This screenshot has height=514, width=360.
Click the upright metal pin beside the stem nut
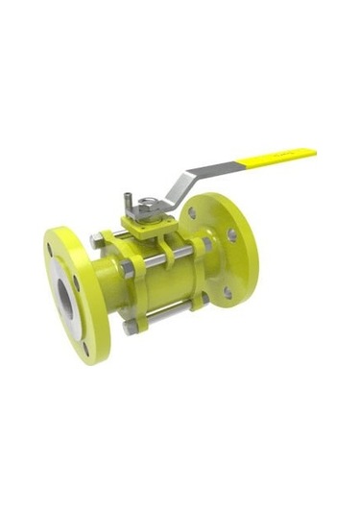point(126,202)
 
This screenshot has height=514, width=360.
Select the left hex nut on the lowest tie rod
point(130,328)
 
